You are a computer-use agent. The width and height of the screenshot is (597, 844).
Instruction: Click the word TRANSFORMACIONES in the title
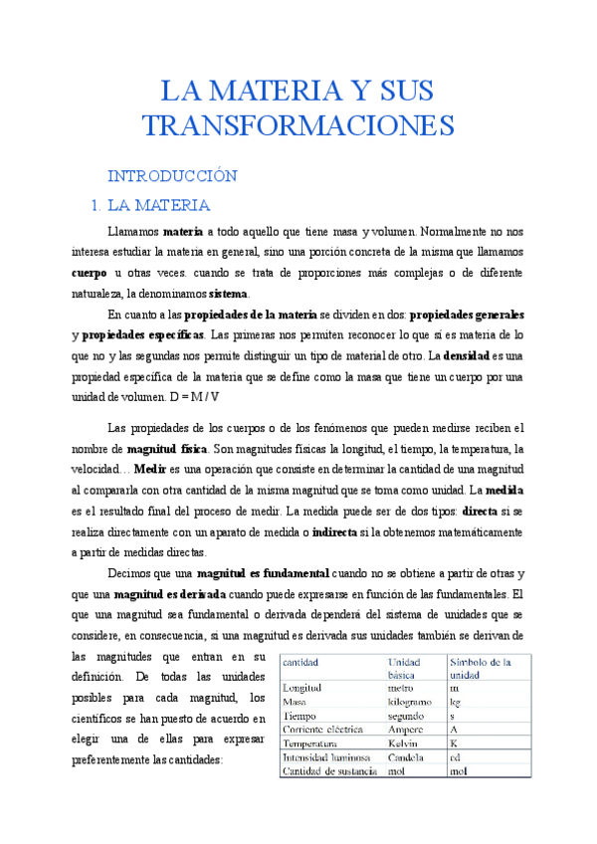click(298, 126)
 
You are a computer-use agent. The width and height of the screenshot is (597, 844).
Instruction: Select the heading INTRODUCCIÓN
click(172, 176)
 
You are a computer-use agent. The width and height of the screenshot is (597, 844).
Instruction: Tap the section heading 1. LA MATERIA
click(159, 206)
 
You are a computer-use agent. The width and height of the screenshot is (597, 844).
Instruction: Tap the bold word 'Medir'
click(149, 468)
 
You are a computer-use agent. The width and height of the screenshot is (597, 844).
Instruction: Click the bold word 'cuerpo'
click(90, 273)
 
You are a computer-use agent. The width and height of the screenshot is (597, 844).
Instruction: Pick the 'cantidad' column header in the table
click(301, 662)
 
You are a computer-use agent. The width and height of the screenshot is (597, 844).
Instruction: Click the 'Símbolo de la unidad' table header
click(481, 668)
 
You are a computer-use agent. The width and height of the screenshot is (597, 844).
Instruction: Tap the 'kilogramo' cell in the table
click(413, 702)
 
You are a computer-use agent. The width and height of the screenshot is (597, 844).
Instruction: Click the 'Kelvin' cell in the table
click(405, 742)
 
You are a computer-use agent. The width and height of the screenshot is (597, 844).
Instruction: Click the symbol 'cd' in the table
click(456, 757)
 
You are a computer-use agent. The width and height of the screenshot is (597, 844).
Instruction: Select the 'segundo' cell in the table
click(409, 715)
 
